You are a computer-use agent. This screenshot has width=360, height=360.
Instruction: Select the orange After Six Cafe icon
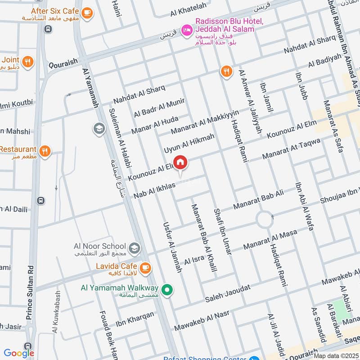click(87, 13)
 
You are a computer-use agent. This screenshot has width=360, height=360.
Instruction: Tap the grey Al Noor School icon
click(134, 247)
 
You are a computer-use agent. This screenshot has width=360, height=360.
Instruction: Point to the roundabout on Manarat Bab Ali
click(264, 220)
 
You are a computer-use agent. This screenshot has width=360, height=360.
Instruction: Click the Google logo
click(19, 353)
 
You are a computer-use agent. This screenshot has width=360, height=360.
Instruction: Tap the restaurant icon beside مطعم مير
click(45, 151)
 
